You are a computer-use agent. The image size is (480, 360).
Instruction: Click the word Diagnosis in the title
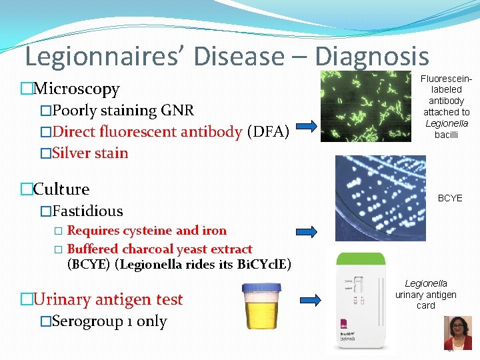point(371,56)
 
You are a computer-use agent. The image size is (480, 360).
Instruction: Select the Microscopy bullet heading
point(76,89)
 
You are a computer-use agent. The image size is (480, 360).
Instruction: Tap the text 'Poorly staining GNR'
point(124,111)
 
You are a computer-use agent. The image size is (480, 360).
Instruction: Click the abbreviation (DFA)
point(267,132)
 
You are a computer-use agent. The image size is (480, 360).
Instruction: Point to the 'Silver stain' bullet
point(90,153)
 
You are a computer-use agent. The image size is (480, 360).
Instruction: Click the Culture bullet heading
point(61,189)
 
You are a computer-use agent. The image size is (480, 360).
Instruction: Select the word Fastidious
point(87,211)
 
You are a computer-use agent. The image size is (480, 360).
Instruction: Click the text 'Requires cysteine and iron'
point(147,231)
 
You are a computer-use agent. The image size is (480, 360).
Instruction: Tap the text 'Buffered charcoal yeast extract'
point(160,249)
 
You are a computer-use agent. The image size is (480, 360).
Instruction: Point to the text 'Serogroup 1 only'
point(109,321)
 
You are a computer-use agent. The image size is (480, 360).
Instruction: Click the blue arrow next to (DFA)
point(308,127)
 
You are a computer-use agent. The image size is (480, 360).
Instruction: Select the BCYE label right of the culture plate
point(449,199)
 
